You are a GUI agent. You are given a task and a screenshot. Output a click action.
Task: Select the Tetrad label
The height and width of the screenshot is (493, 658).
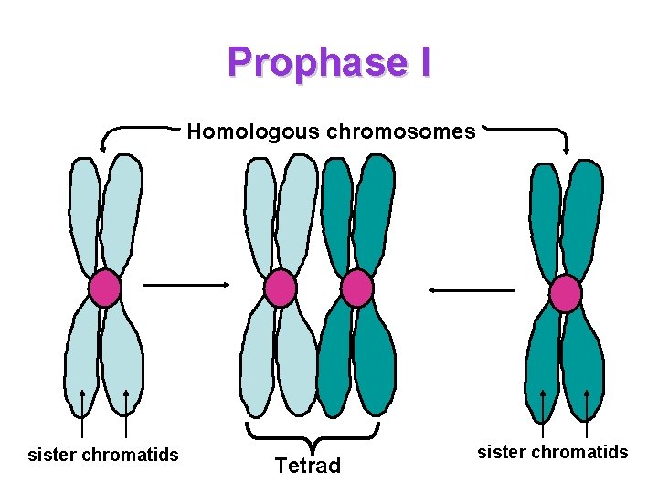coord(308,467)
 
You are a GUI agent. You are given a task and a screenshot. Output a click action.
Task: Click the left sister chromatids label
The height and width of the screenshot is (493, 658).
coord(103,455)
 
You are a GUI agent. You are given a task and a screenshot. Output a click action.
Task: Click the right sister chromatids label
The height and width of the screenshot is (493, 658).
coord(553,452)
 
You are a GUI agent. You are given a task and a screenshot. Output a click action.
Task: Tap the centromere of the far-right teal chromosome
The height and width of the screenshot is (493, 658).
coord(566,293)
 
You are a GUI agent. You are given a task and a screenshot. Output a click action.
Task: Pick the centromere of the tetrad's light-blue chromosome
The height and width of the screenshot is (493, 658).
coord(280,288)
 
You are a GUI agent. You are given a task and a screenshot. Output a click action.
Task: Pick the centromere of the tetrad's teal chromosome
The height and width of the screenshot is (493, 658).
coord(356,288)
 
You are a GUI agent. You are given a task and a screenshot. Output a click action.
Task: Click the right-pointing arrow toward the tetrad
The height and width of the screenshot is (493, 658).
coord(187,284)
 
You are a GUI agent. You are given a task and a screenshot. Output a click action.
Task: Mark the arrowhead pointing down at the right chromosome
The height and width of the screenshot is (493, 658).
coord(567,149)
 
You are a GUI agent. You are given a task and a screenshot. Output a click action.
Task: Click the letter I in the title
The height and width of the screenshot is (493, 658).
coord(422,63)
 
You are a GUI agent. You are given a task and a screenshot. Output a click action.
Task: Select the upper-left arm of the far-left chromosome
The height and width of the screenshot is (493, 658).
coord(84,215)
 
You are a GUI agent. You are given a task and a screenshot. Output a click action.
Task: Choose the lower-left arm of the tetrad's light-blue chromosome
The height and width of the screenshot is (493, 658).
coord(257,361)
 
